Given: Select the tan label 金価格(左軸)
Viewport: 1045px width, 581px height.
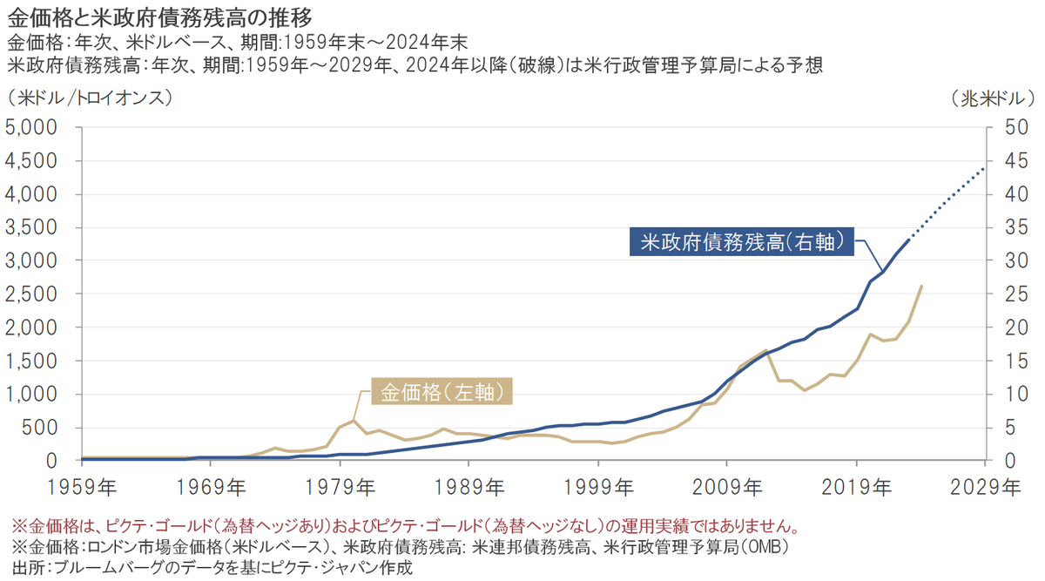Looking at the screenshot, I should tap(442, 392).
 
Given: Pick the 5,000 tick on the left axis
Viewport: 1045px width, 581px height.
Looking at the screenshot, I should tap(30, 127).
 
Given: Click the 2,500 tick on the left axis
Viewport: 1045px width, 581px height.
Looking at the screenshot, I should tap(30, 294).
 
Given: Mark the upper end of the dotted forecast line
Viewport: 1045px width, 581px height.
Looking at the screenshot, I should tap(984, 168).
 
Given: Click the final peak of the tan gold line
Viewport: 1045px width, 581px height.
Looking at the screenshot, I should tap(921, 286).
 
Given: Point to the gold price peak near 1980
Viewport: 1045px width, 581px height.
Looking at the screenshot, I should tap(353, 420).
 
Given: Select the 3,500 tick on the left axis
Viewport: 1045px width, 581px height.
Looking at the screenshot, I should tap(30, 227).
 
